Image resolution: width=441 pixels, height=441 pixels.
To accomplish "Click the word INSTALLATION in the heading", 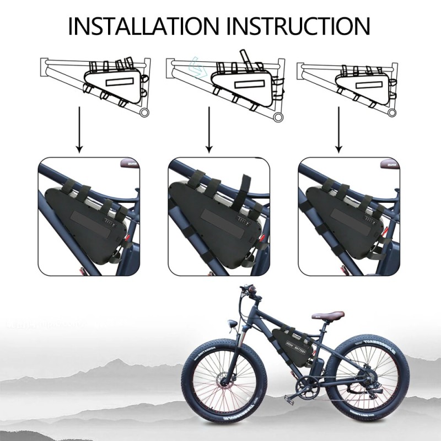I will pos(143,26).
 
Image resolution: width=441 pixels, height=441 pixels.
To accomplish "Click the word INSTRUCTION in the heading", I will pos(298,26).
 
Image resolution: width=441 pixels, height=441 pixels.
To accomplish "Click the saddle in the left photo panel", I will pos(131,163).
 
